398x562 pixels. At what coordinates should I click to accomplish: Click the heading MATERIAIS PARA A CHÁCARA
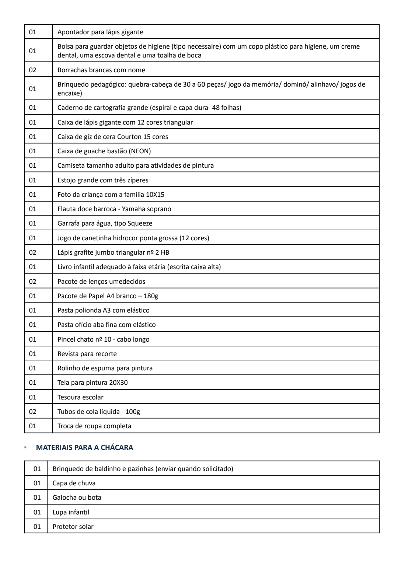(84, 448)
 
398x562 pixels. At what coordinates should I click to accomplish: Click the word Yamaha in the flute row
(134, 209)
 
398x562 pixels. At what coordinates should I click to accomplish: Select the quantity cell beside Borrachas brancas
(33, 70)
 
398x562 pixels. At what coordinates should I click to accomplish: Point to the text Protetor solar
(73, 527)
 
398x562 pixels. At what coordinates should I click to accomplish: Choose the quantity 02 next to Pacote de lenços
(33, 282)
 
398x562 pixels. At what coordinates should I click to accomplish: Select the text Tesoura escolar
(80, 397)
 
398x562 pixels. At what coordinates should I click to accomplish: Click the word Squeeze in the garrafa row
(140, 223)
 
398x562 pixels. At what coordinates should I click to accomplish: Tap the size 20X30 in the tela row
(118, 383)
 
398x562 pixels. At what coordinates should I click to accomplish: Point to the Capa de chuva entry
(74, 483)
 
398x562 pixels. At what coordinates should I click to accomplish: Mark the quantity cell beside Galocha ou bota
(37, 498)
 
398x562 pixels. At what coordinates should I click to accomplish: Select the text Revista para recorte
(87, 354)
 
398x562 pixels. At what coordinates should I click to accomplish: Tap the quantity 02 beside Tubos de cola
(33, 412)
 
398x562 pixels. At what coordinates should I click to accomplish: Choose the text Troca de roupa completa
(94, 426)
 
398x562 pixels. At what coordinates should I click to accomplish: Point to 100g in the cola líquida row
(132, 412)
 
